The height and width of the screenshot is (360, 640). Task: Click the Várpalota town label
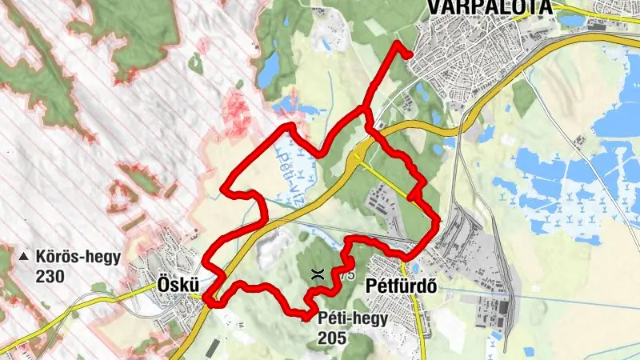tap(489, 6)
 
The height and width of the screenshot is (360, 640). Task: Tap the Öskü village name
tap(177, 285)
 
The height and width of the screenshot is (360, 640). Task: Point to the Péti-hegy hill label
tap(352, 318)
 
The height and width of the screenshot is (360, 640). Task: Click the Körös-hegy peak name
tap(78, 258)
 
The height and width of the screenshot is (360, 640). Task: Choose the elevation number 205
tap(330, 338)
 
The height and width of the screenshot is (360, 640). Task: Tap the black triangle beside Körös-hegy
tap(23, 258)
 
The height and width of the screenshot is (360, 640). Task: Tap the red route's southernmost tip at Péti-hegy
tap(307, 318)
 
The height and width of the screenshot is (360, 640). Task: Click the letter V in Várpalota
tap(434, 6)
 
